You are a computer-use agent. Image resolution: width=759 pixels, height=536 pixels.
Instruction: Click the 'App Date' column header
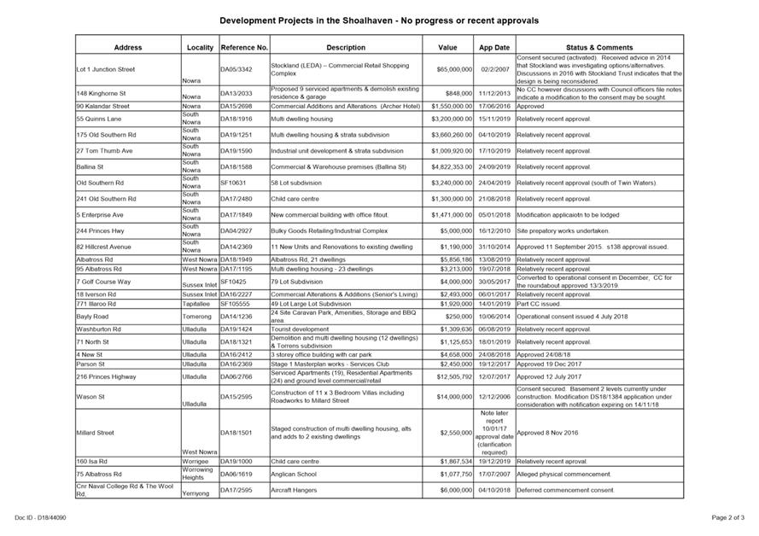pos(493,48)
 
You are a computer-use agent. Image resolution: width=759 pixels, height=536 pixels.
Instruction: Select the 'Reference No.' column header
pos(244,48)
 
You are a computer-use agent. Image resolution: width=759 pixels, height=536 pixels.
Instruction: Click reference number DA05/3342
pos(236,69)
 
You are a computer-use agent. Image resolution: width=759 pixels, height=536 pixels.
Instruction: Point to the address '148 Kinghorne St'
pos(101,93)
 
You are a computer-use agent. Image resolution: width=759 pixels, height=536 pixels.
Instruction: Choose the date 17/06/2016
pos(493,106)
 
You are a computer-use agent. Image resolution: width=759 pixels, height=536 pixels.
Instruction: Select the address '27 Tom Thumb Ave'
pos(105,151)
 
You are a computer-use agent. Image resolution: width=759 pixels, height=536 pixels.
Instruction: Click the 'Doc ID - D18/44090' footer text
pos(40,517)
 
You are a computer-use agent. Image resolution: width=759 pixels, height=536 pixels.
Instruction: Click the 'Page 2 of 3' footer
pos(727,517)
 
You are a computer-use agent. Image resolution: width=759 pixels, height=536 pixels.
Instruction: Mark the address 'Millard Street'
pos(95,433)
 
